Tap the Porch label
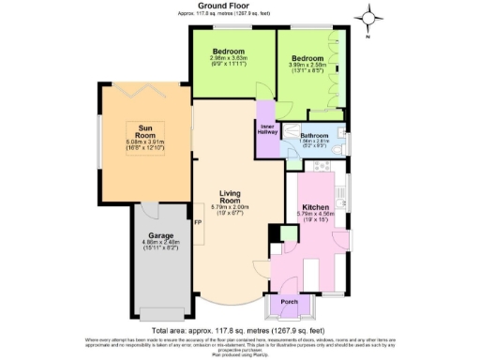(288, 302)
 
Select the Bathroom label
(312, 135)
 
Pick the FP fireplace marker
(197, 223)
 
